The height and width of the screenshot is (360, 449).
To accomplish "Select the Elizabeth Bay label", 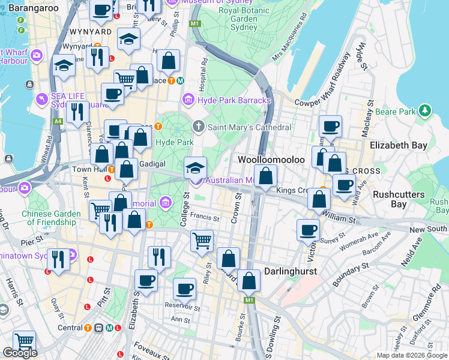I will pos(399,145).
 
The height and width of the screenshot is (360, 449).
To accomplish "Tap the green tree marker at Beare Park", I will pos(425,111).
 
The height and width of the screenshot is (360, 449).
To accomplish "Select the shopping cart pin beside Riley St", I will pos(202,241).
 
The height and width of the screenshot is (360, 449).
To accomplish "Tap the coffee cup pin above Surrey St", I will pos(309,230).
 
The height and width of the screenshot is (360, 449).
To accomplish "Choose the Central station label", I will pos(70,328).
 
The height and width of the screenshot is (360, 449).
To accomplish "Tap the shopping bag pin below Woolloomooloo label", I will pos(267,177).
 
